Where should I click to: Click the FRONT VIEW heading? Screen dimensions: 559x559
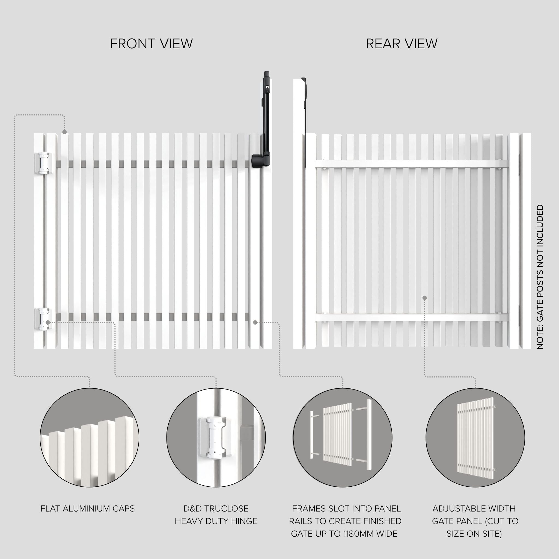pos(151,44)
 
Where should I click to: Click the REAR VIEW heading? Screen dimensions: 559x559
pos(402,44)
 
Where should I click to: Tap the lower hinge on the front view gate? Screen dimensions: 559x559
pos(43,319)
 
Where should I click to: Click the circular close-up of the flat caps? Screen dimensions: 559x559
pos(90,438)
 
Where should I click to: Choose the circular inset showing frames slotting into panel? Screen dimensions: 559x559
pos(343,438)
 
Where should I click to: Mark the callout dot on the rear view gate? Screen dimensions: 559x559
pos(424,298)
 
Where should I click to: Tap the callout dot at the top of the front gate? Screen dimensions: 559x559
pos(64,132)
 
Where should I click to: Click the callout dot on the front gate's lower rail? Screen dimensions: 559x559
pos(255,322)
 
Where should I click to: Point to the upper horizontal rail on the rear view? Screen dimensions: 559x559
pos(411,164)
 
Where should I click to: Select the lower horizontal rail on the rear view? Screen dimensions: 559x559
pos(411,318)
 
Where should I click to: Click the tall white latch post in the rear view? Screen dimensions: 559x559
pos(299,214)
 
